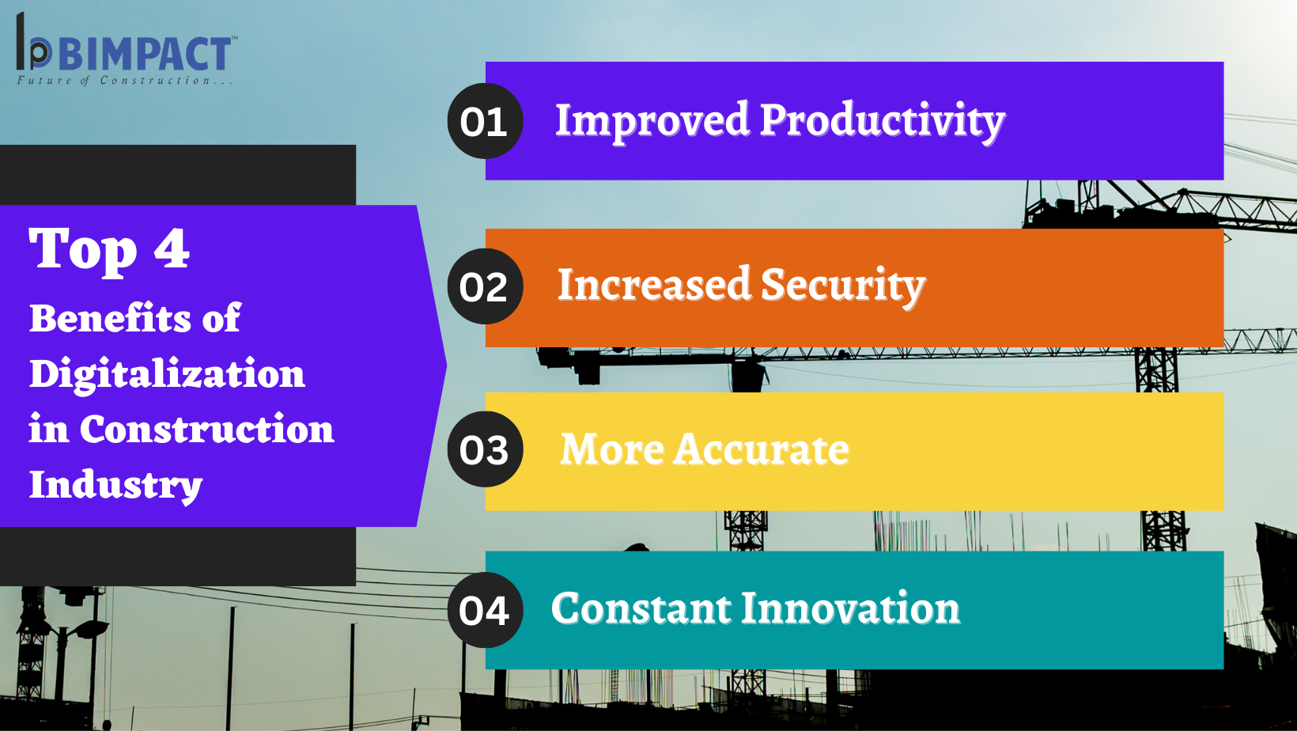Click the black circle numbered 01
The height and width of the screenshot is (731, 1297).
[486, 121]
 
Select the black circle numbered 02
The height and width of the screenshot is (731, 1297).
[486, 286]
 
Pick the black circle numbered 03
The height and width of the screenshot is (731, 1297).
[486, 449]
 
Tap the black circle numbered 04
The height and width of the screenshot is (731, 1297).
[486, 610]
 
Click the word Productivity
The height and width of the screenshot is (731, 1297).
[883, 122]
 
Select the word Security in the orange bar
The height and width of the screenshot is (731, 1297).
[843, 286]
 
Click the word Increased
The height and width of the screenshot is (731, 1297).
[654, 285]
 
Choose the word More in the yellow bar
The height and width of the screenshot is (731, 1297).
[612, 449]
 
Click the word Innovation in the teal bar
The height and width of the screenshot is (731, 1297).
[851, 608]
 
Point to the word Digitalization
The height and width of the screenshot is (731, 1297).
[167, 375]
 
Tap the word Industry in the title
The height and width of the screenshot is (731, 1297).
[115, 486]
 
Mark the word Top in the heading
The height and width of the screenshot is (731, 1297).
[83, 251]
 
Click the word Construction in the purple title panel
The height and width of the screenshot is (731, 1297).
[206, 430]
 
